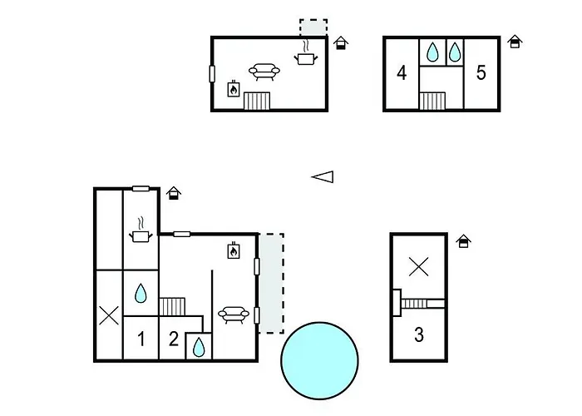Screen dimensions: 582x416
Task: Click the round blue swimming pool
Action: coord(319,360)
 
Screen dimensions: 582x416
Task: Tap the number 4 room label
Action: coord(402,73)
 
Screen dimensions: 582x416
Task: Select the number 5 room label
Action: coord(481,73)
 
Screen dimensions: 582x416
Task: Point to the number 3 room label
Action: coord(419,334)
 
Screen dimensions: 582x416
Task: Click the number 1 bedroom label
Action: coord(141,339)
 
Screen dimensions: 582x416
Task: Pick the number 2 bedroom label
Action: coord(173,339)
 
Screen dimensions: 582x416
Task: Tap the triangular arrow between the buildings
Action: coord(323,176)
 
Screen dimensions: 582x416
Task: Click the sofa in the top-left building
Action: coord(264,72)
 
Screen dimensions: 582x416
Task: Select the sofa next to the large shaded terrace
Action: coord(234,315)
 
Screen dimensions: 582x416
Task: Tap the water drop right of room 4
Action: coord(432,52)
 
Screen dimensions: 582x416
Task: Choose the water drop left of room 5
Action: coord(455,52)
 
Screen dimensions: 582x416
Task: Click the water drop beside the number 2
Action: coord(199,347)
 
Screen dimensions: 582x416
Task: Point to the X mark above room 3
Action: coord(419,267)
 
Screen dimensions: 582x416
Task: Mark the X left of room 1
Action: coord(109,315)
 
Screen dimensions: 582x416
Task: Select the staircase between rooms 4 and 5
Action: coord(432,101)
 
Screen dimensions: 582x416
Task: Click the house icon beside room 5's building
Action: coord(515,42)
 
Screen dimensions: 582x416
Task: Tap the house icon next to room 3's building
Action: coord(464,241)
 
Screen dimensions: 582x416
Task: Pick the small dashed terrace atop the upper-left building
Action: coord(313,27)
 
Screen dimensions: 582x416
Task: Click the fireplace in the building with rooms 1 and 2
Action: coord(234,250)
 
